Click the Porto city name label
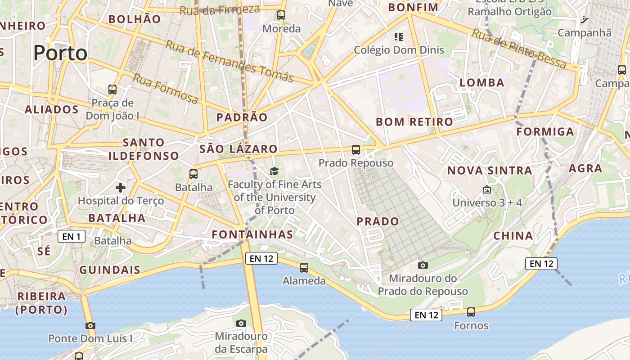pyautogui.click(x=60, y=53)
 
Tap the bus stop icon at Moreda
pyautogui.click(x=281, y=15)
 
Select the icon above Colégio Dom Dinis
pyautogui.click(x=399, y=36)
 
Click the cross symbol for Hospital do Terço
pyautogui.click(x=121, y=187)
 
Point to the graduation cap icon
pyautogui.click(x=274, y=171)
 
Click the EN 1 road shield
pyautogui.click(x=72, y=236)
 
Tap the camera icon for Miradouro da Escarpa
pyautogui.click(x=241, y=323)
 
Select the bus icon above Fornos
pyautogui.click(x=471, y=312)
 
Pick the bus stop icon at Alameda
pyautogui.click(x=304, y=268)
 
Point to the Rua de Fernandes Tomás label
pyautogui.click(x=229, y=61)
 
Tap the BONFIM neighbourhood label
pyautogui.click(x=413, y=8)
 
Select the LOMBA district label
pyautogui.click(x=482, y=82)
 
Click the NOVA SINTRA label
pyautogui.click(x=490, y=171)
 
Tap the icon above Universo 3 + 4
pyautogui.click(x=486, y=190)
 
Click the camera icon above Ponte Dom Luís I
pyautogui.click(x=90, y=325)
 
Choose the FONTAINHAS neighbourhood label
pyautogui.click(x=252, y=234)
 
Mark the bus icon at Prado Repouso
pyautogui.click(x=356, y=150)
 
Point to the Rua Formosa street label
pyautogui.click(x=165, y=89)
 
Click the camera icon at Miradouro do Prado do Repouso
pyautogui.click(x=423, y=265)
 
